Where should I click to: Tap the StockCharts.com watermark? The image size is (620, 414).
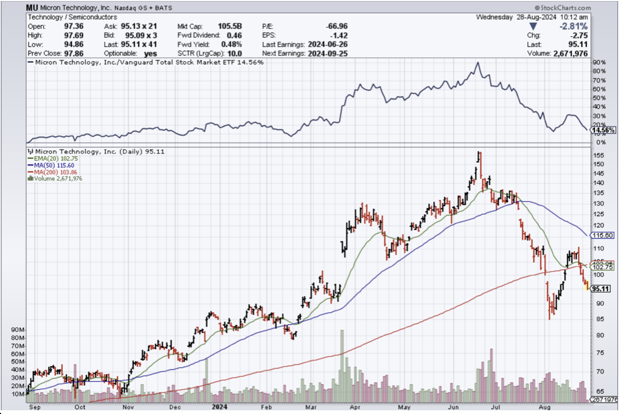[x=562, y=8]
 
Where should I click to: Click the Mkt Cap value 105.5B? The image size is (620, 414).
[x=231, y=26]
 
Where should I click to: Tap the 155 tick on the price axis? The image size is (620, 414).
[x=599, y=156]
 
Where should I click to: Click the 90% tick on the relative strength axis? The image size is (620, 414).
[x=599, y=63]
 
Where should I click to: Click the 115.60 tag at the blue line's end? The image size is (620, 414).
[x=603, y=235]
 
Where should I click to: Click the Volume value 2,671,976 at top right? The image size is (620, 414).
[x=570, y=54]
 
